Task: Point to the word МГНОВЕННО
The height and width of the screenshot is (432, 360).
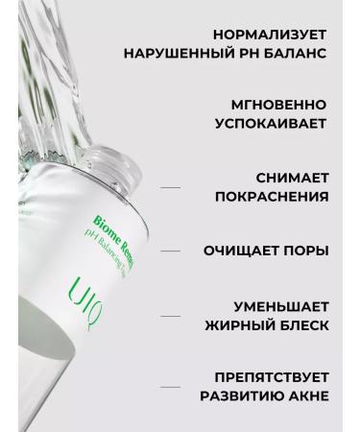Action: pos(278,104)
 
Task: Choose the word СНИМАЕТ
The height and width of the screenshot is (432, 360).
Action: pos(292,177)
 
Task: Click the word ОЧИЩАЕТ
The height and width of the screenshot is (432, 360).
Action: pos(244,252)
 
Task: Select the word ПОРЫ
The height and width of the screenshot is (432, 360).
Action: pos(308,252)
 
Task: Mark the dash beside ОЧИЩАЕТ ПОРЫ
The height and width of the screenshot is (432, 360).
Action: pos(171,252)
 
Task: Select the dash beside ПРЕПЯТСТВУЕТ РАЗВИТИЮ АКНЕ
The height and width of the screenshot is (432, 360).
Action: pos(171,388)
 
